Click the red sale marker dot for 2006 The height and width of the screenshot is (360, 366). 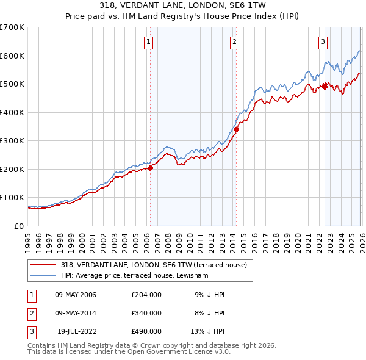(150, 168)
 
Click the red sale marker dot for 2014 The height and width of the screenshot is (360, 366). (236, 129)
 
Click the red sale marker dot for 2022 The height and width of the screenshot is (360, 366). (325, 87)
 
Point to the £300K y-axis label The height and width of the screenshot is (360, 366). (12, 141)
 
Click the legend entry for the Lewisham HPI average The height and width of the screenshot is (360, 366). (135, 276)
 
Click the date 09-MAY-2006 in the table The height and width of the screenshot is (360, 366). (76, 295)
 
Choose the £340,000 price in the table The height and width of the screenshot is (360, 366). (146, 313)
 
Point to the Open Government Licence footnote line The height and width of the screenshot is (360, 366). (129, 352)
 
